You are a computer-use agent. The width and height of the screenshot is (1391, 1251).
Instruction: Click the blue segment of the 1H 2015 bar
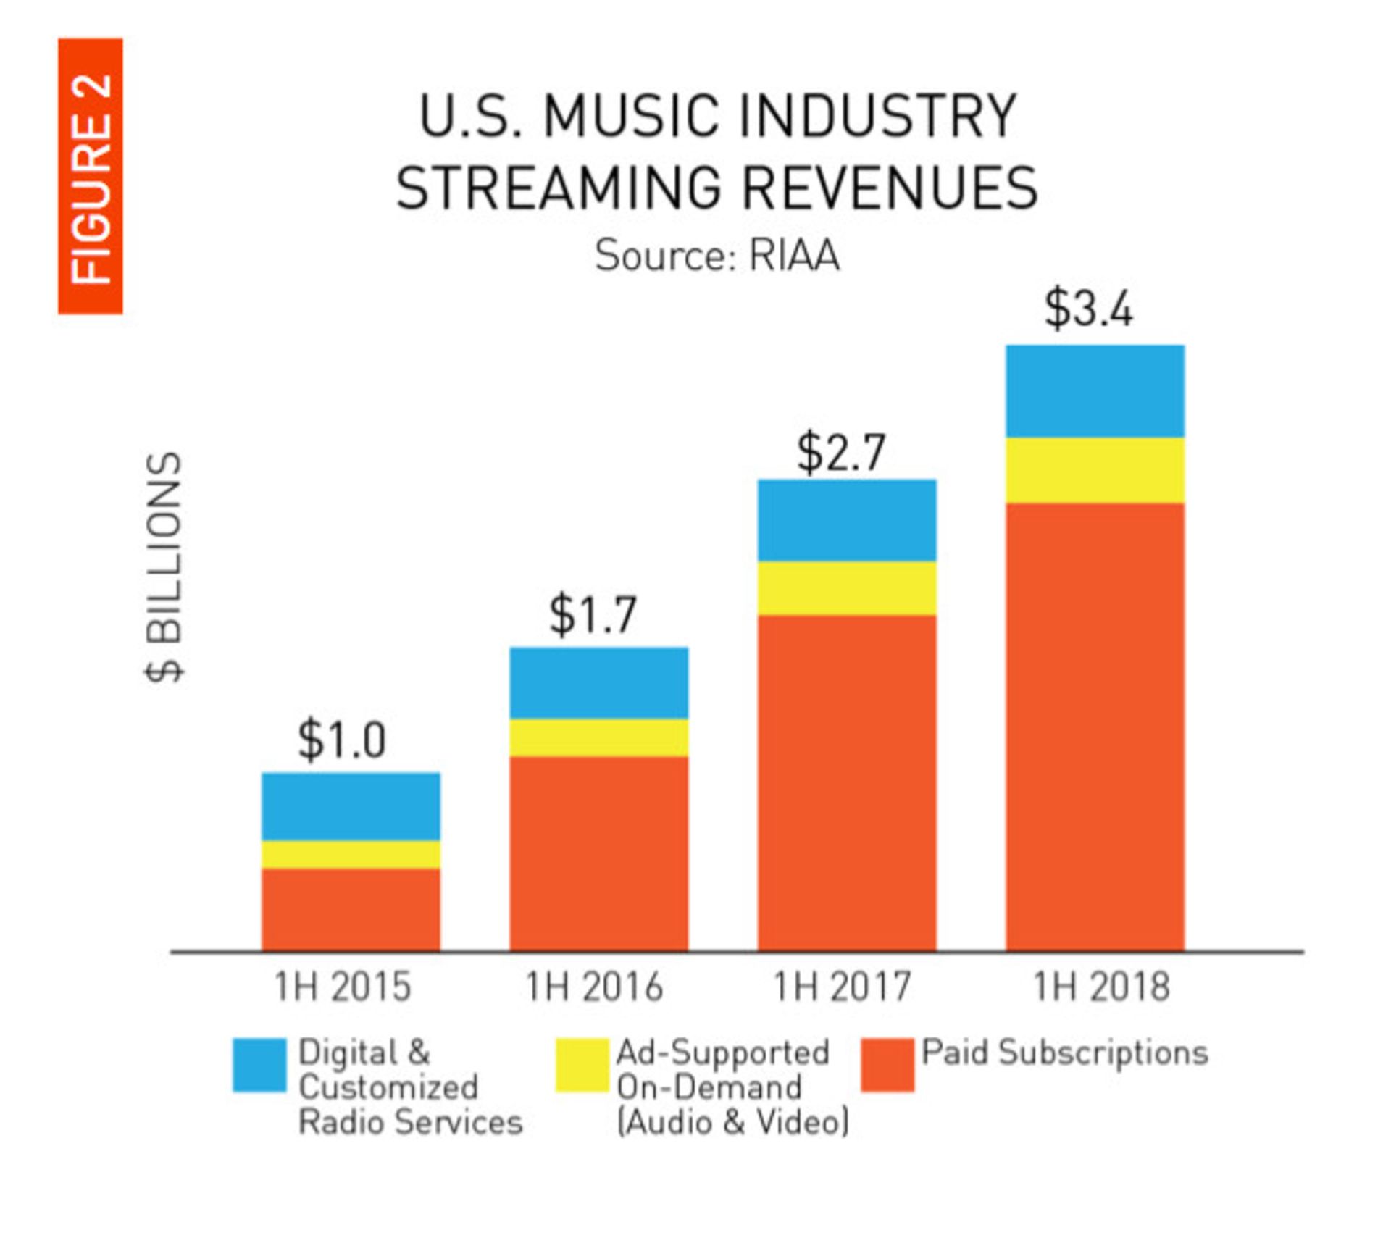click(x=351, y=806)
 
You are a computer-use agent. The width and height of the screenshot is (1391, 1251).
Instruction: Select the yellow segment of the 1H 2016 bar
click(x=598, y=737)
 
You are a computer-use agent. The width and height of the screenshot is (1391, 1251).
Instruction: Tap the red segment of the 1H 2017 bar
click(x=847, y=782)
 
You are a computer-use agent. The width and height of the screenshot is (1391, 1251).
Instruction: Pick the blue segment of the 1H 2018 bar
click(x=1095, y=391)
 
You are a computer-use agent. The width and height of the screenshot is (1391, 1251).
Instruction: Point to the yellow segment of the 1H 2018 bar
click(x=1095, y=470)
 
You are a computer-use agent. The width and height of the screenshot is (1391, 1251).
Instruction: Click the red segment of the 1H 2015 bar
click(x=351, y=909)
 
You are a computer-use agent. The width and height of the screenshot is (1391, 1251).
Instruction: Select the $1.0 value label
click(x=342, y=740)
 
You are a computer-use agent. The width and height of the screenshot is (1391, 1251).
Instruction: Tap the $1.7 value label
click(x=593, y=614)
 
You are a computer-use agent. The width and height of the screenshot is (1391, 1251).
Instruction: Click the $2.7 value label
click(x=841, y=453)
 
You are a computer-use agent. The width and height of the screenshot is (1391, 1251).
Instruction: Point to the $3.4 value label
click(x=1088, y=309)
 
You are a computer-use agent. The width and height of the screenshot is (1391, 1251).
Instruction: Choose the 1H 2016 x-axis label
click(x=594, y=987)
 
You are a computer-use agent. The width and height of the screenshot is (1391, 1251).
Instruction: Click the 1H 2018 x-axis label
click(x=1100, y=987)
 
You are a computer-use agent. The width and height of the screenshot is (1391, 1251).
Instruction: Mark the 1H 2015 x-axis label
click(x=343, y=987)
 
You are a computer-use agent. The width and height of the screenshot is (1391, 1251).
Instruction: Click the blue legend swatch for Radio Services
click(x=259, y=1065)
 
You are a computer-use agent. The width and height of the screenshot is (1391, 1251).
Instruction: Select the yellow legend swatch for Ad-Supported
click(x=582, y=1065)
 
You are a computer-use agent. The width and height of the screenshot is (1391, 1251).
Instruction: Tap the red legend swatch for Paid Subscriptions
click(x=887, y=1065)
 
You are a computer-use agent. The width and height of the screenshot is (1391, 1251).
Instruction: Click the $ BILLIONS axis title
click(x=164, y=566)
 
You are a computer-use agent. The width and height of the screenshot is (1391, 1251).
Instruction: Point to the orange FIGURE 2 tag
click(x=91, y=176)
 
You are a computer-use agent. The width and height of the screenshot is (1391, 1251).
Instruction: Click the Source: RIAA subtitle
click(x=717, y=256)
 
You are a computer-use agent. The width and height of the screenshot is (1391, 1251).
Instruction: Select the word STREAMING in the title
click(x=559, y=188)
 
